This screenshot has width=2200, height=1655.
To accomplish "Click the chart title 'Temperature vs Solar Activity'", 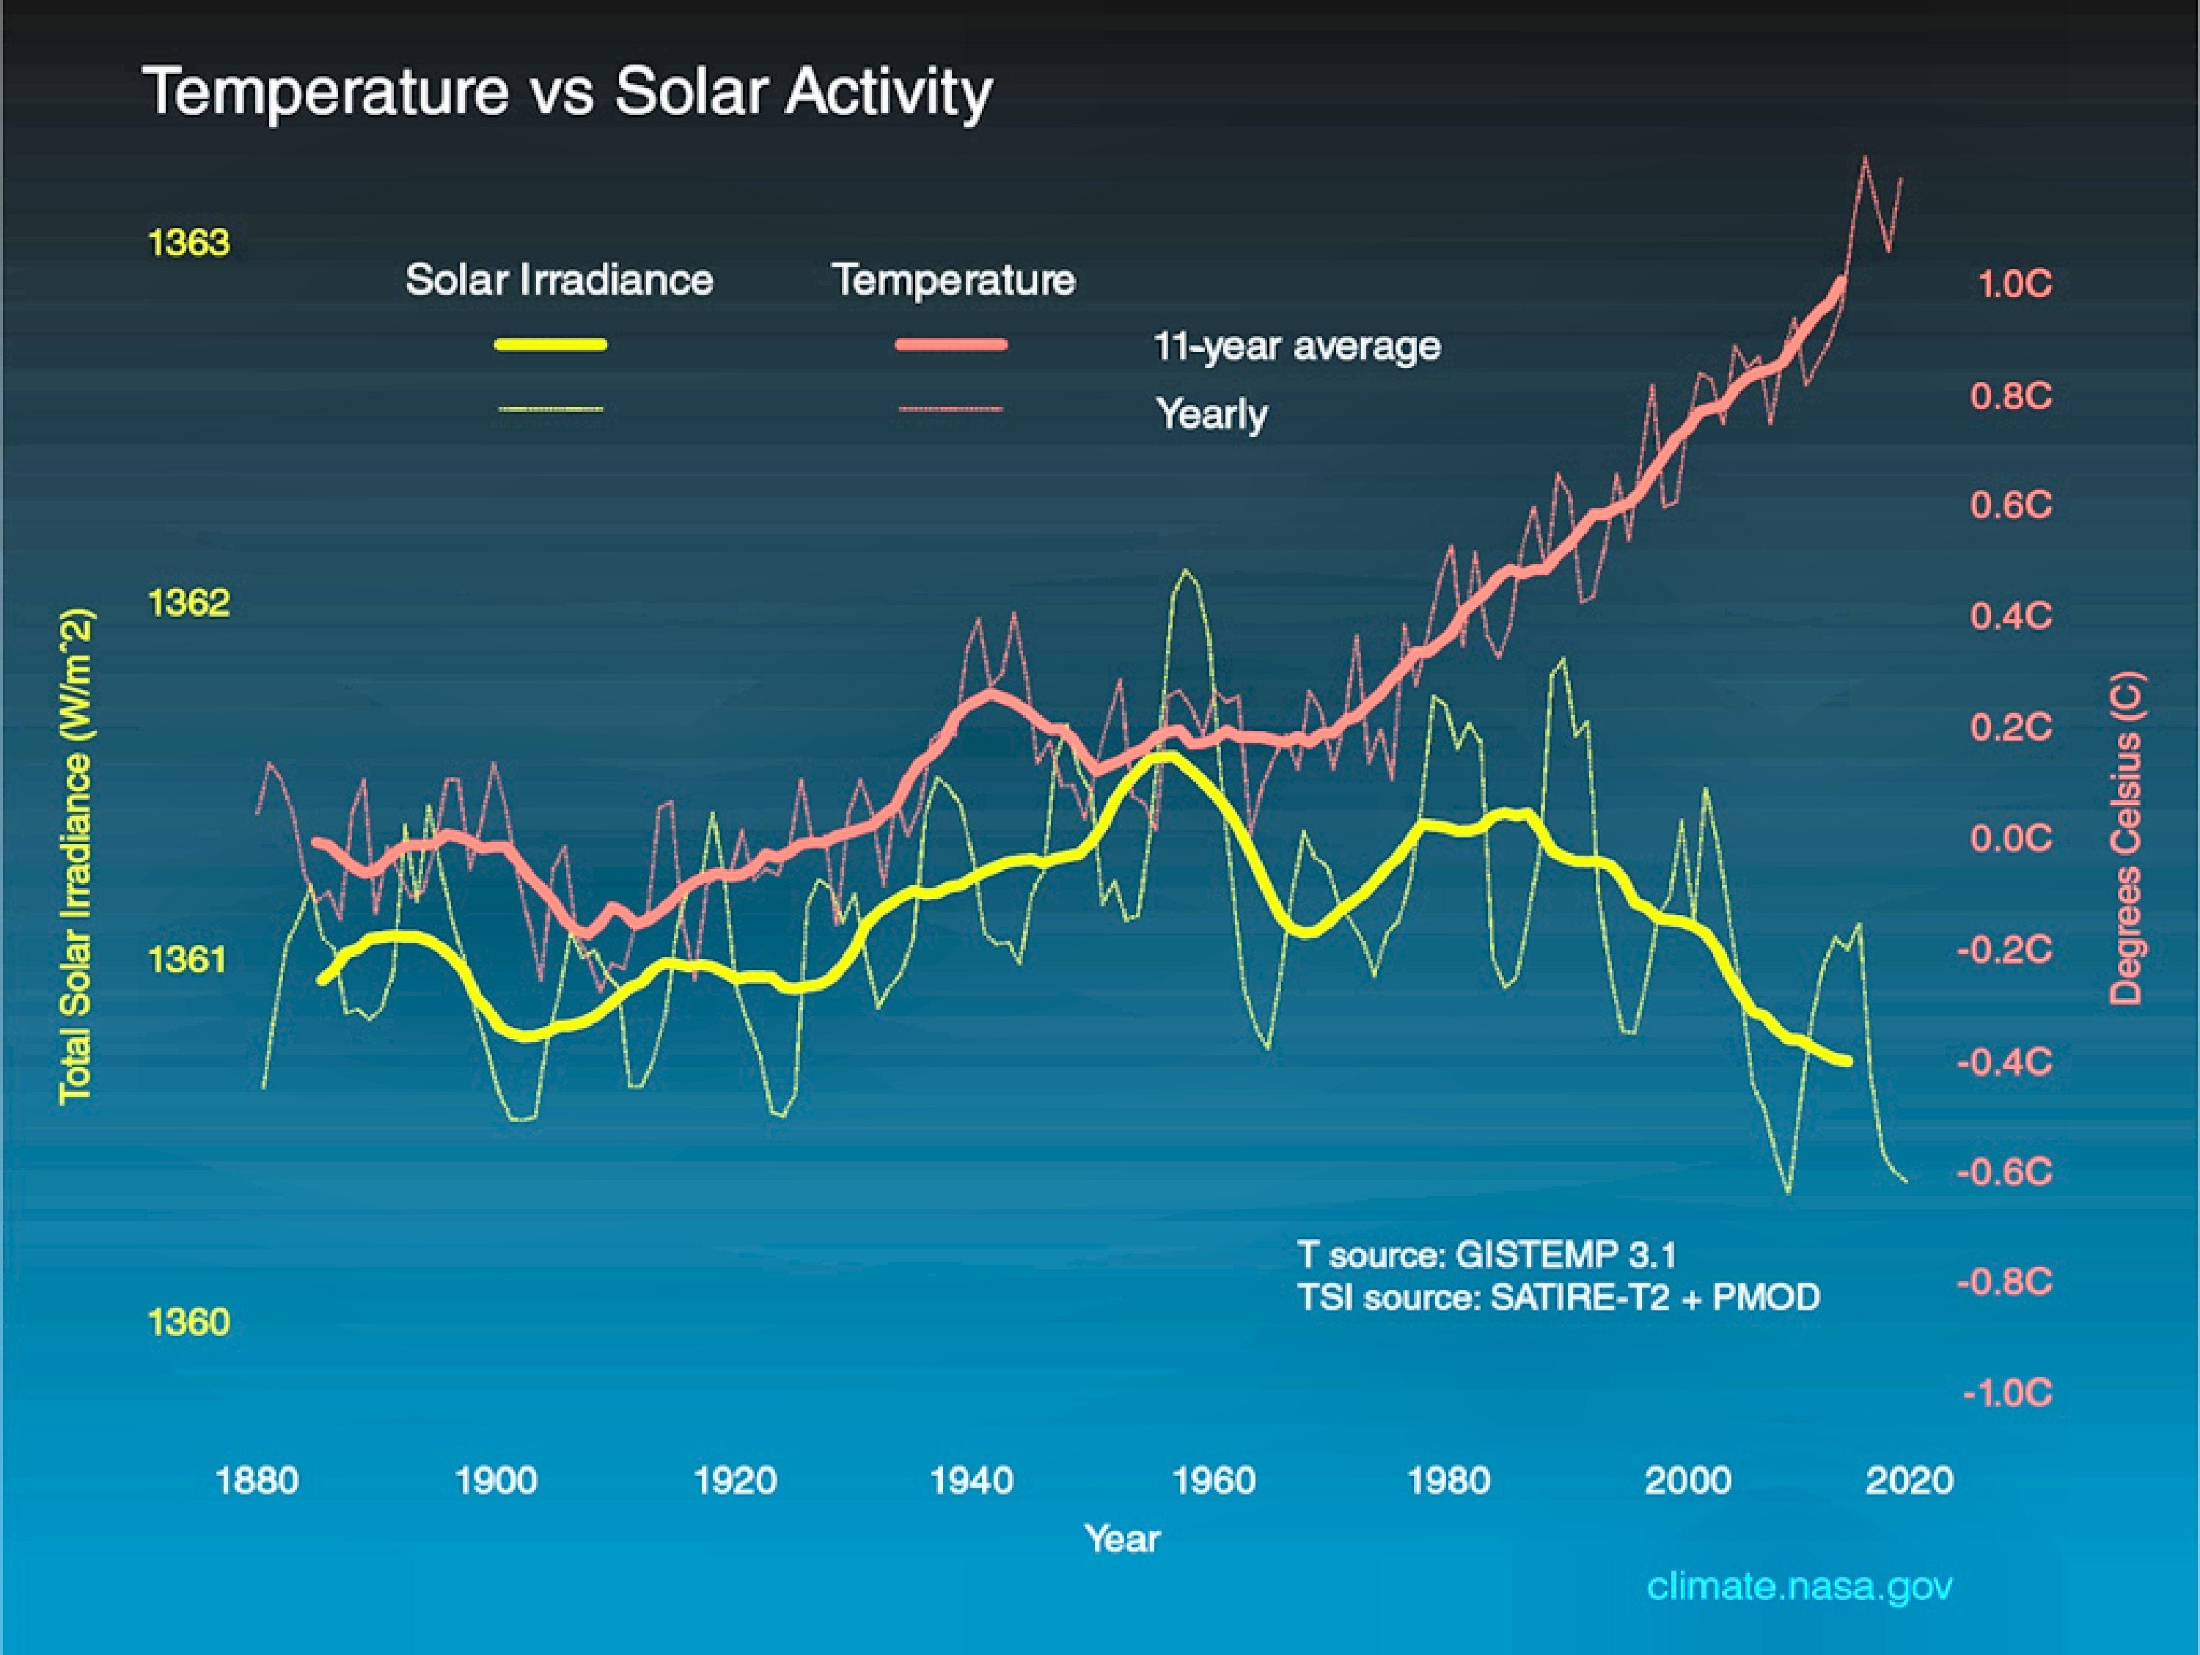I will pyautogui.click(x=567, y=92).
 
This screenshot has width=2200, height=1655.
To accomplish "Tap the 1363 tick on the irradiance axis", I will pyautogui.click(x=188, y=243).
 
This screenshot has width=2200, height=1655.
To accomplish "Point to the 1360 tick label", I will pyautogui.click(x=188, y=1322).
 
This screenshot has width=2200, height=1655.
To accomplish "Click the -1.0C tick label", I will pyautogui.click(x=2007, y=1392).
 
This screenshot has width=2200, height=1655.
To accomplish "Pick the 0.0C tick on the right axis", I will pyautogui.click(x=2010, y=838).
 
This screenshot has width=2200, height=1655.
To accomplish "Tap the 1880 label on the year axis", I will pyautogui.click(x=257, y=1481).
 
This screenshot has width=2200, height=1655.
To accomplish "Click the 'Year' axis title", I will pyautogui.click(x=1122, y=1538).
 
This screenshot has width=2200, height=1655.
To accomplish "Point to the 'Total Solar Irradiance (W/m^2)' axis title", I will pyautogui.click(x=76, y=856).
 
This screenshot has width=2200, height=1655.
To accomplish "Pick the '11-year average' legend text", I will pyautogui.click(x=1296, y=346).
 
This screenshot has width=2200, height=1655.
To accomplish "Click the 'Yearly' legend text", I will pyautogui.click(x=1211, y=413).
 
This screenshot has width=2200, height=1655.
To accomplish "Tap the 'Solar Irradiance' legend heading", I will pyautogui.click(x=559, y=279).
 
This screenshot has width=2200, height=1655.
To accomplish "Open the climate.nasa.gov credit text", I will pyautogui.click(x=1799, y=1585).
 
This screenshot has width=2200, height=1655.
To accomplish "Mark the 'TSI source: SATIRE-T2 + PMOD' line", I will pyautogui.click(x=1558, y=1297).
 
